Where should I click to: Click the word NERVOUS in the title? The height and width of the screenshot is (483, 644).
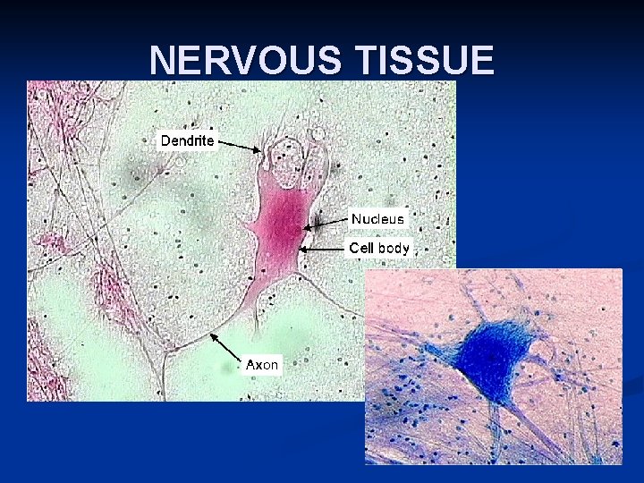(x=247, y=61)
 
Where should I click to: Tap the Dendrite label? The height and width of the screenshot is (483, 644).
(x=187, y=140)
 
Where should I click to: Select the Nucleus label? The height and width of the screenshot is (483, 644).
(x=377, y=218)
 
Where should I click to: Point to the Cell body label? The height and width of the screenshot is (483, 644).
(x=379, y=248)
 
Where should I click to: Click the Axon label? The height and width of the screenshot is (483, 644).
(x=262, y=364)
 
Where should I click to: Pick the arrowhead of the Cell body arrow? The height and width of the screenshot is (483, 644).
(x=301, y=250)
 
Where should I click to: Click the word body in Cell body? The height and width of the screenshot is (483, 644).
(x=393, y=248)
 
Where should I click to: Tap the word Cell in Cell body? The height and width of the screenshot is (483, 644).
(x=360, y=248)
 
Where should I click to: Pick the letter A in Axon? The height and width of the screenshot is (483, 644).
(x=251, y=364)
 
